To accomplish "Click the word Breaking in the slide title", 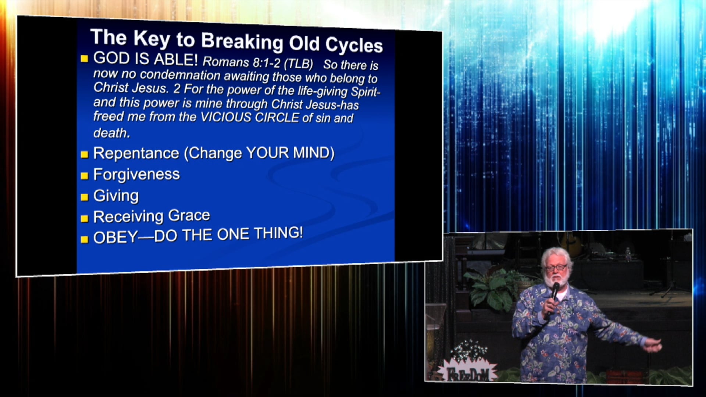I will pyautogui.click(x=242, y=41).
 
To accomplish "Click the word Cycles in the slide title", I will pyautogui.click(x=354, y=45).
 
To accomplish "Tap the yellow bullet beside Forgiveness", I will pyautogui.click(x=85, y=176).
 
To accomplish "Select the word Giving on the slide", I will pyautogui.click(x=116, y=196).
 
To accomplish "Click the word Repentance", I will pyautogui.click(x=136, y=153).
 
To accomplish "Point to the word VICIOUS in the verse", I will pyautogui.click(x=225, y=117).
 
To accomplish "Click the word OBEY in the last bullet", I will pyautogui.click(x=115, y=237).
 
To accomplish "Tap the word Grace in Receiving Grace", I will pyautogui.click(x=189, y=215).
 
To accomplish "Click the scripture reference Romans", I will pyautogui.click(x=226, y=62).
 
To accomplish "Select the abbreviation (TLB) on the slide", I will pyautogui.click(x=298, y=64).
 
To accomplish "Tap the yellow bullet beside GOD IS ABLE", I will pyautogui.click(x=85, y=58).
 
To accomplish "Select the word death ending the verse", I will pyautogui.click(x=111, y=133).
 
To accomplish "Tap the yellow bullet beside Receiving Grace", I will pyautogui.click(x=85, y=219).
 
